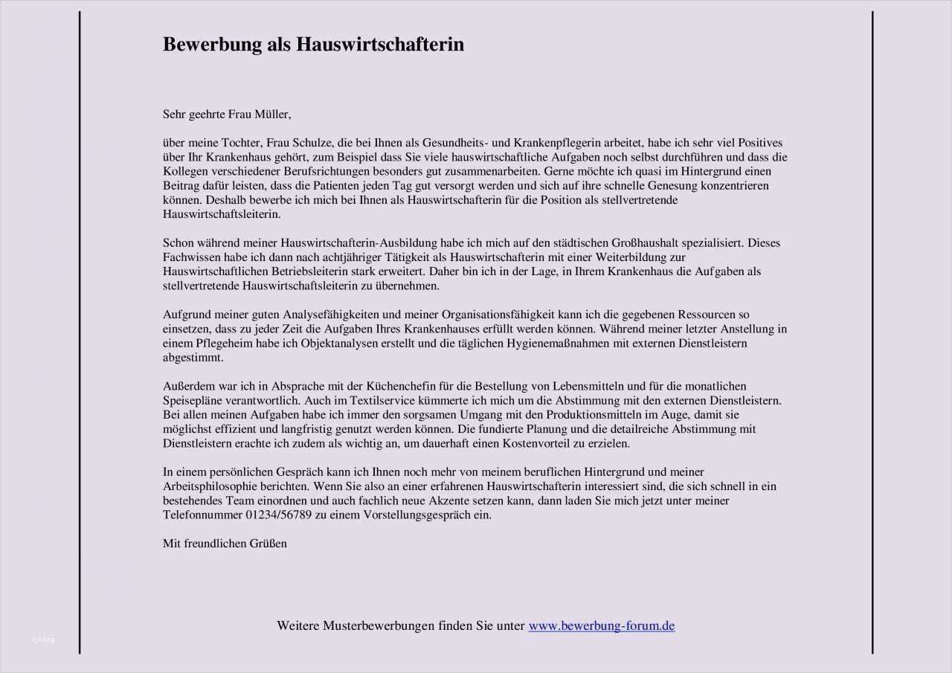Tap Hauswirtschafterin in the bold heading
click(380, 45)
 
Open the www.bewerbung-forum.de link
click(601, 626)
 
